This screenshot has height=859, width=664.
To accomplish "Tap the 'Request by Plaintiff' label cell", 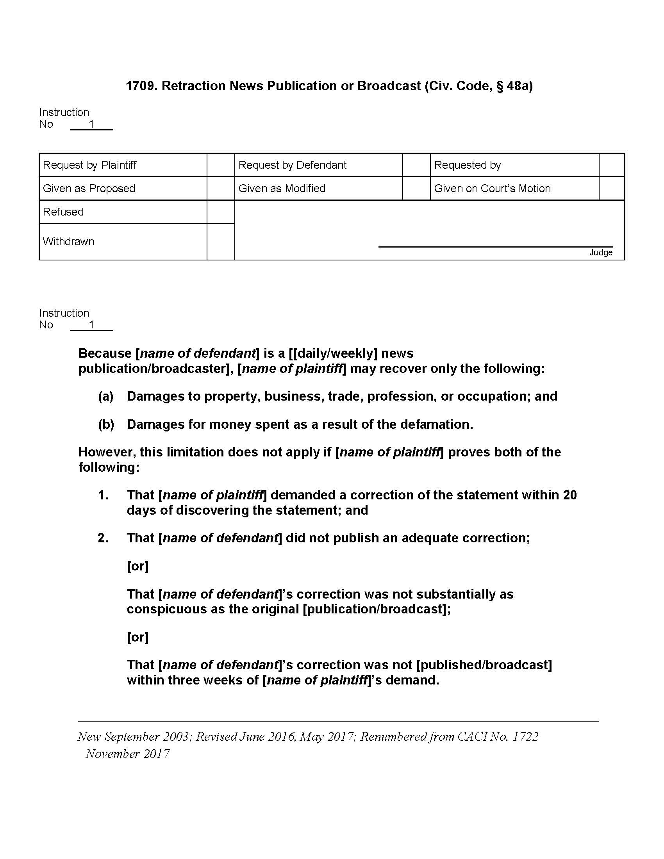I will [x=90, y=165].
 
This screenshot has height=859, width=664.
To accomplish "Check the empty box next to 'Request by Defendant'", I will [x=416, y=165].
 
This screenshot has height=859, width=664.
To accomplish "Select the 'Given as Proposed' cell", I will [x=89, y=189].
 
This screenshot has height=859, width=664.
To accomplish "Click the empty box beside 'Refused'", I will [x=221, y=212].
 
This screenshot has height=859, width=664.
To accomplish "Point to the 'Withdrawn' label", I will [x=68, y=241].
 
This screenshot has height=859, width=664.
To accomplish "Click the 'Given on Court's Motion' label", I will [x=492, y=189].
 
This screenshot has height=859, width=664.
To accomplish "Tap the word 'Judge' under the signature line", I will [x=601, y=253].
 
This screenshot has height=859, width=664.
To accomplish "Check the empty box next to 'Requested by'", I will [x=612, y=165].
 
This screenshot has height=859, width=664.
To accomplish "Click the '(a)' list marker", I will [x=106, y=396].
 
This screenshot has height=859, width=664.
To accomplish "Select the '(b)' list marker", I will [x=106, y=424].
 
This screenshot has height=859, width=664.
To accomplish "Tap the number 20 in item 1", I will [x=569, y=495].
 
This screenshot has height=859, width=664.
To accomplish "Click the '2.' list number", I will [x=103, y=538].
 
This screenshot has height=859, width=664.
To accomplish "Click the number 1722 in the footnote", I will [x=525, y=737].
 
